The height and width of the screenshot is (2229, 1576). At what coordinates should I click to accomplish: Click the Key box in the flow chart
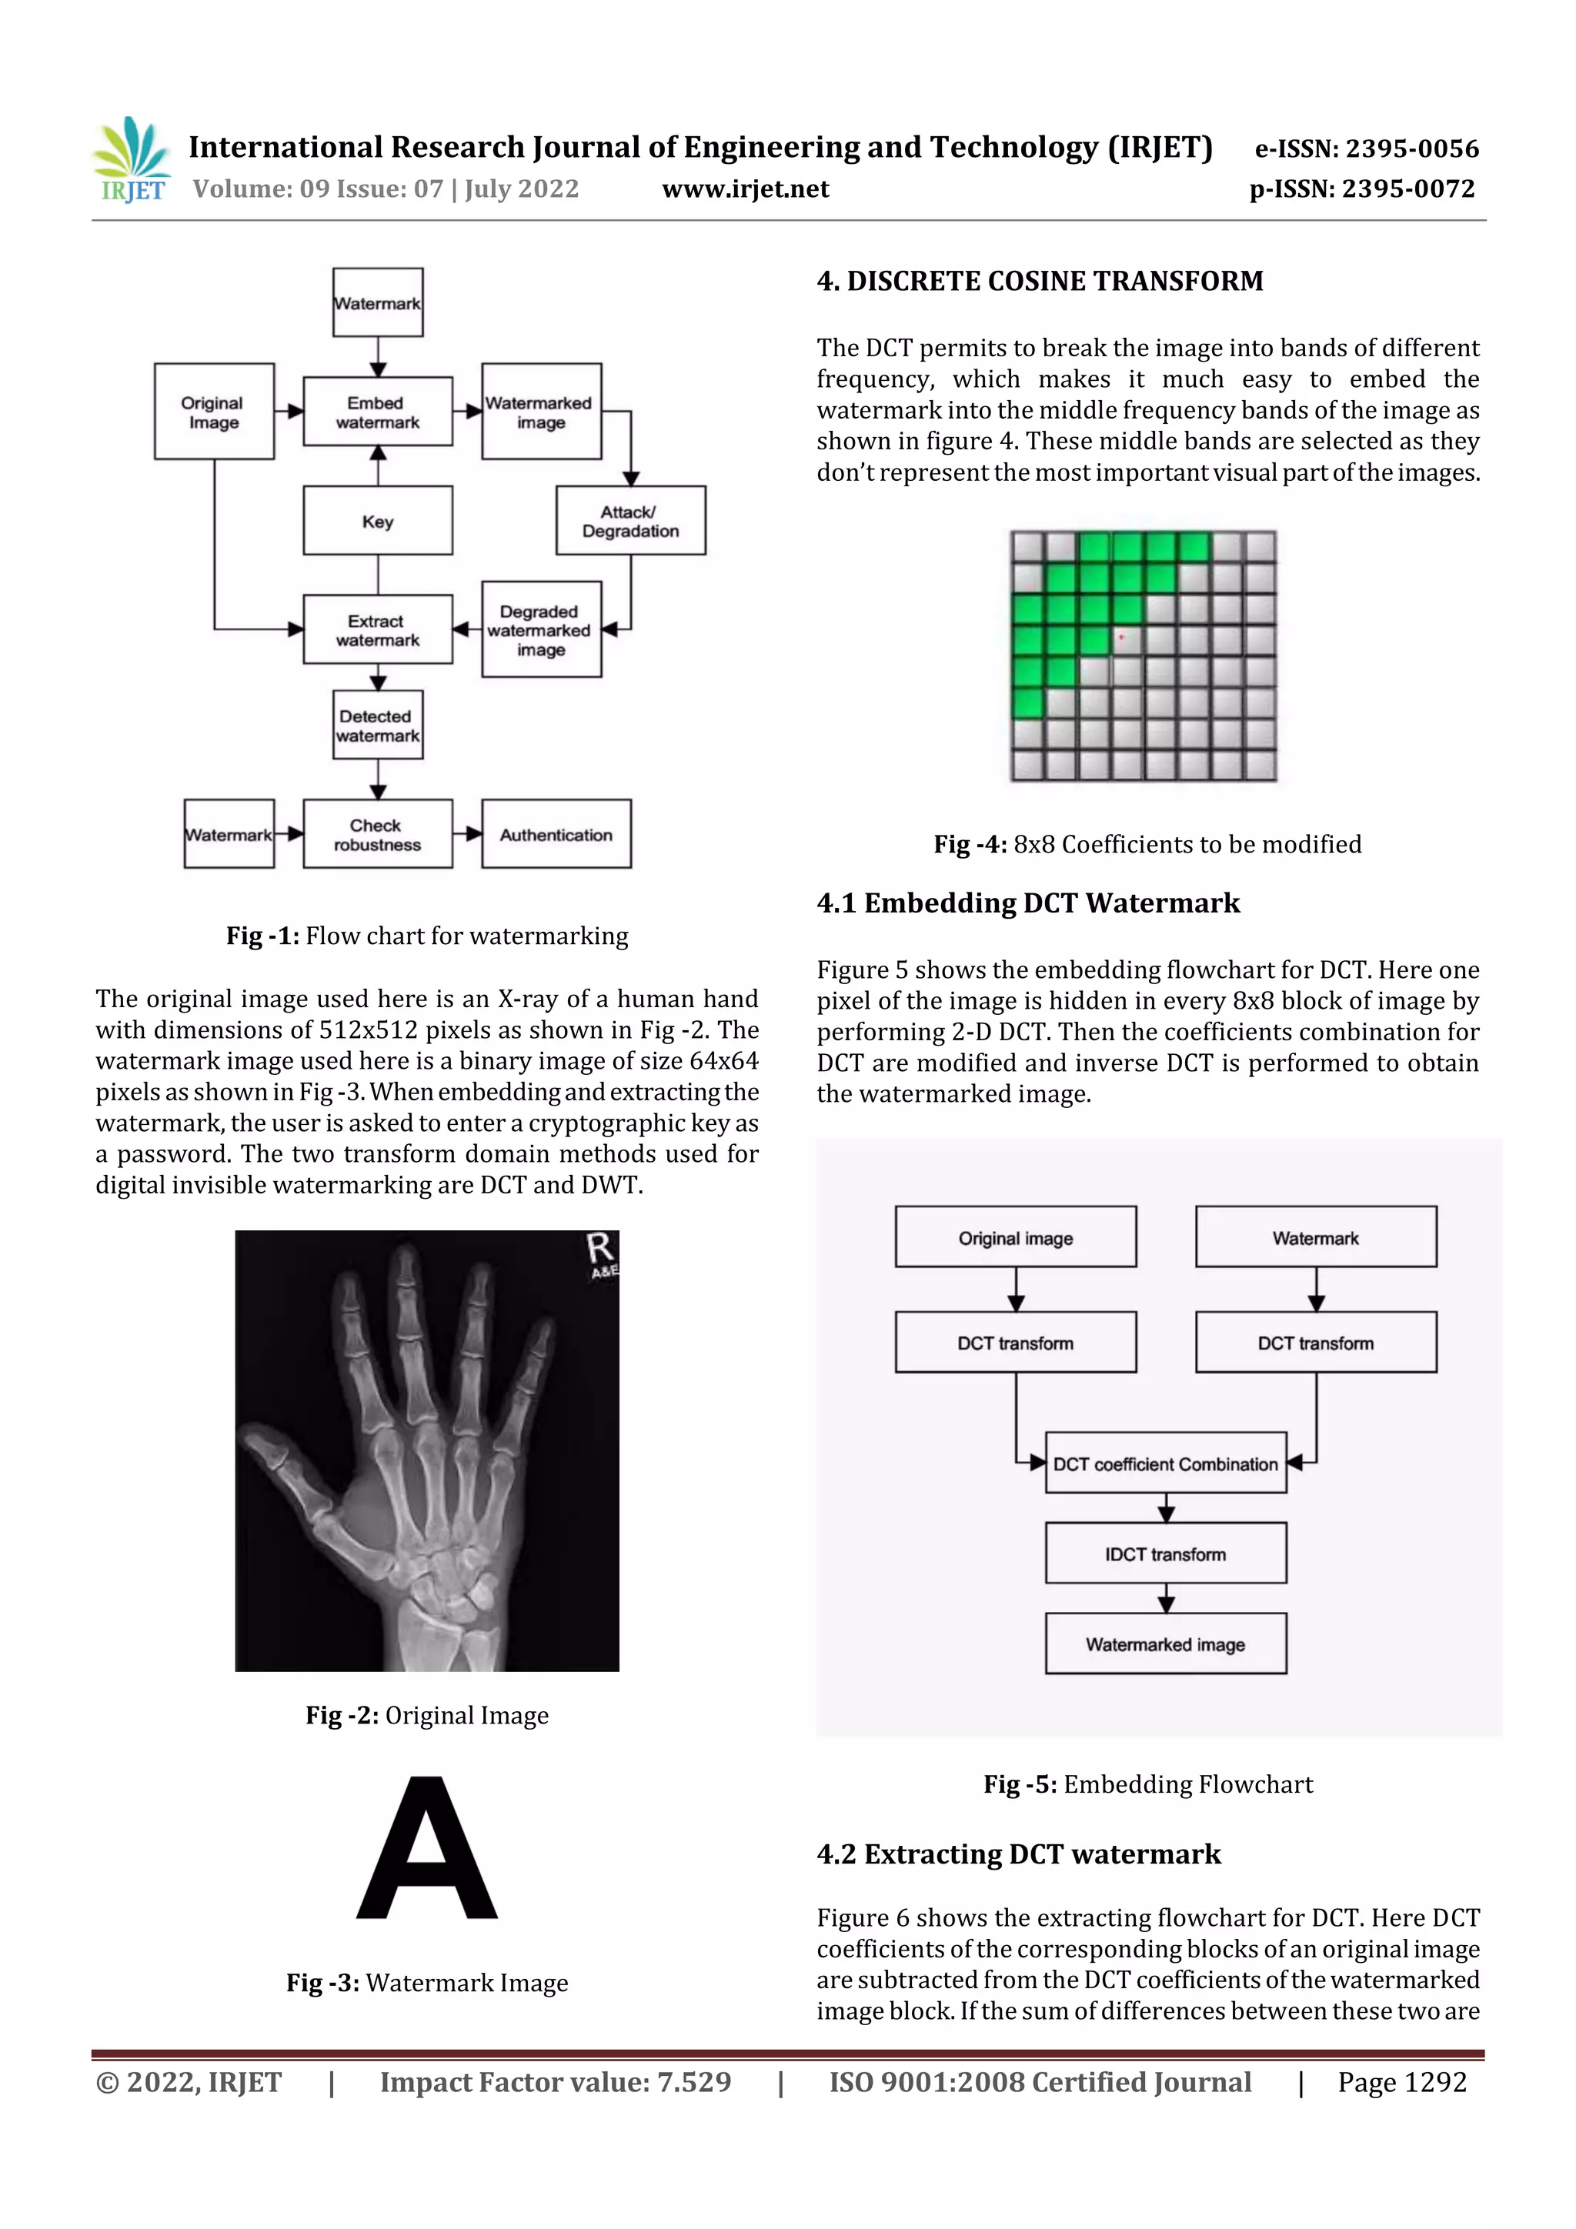(x=378, y=522)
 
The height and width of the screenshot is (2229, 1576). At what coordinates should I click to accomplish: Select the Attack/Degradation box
(x=630, y=522)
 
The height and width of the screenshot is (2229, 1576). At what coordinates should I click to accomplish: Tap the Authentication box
(x=556, y=834)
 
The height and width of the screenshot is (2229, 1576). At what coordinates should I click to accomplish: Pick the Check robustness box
(x=378, y=834)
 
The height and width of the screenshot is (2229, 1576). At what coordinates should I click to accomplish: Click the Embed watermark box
(x=378, y=412)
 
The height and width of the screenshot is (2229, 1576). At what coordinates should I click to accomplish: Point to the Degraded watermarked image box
(x=541, y=630)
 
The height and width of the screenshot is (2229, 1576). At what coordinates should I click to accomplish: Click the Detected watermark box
(x=378, y=726)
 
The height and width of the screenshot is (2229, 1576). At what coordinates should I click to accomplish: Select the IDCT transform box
(x=1165, y=1553)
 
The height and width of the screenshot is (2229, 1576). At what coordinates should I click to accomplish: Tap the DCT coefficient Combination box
(x=1165, y=1463)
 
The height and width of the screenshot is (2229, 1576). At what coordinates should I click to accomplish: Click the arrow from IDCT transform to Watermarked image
(x=1166, y=1598)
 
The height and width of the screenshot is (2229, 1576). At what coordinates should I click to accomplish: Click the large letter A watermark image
(x=427, y=1850)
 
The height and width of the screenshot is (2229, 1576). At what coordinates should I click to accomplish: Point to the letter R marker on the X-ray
(x=600, y=1250)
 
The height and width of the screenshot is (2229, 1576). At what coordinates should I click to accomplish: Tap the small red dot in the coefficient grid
(x=1120, y=637)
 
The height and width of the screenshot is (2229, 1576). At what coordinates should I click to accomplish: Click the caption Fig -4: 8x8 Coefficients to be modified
(x=1147, y=843)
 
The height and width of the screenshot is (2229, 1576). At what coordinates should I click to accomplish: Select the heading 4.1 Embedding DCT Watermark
(x=1027, y=903)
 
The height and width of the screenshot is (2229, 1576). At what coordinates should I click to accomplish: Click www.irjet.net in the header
(x=745, y=189)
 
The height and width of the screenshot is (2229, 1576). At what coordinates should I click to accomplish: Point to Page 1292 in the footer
(x=1401, y=2081)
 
